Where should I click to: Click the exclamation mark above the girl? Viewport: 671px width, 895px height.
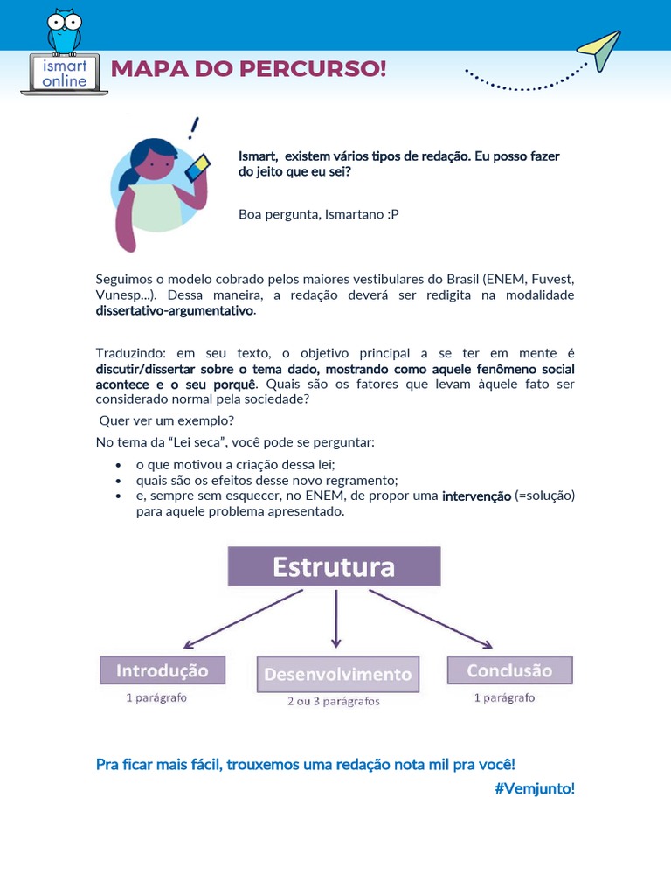click(x=192, y=129)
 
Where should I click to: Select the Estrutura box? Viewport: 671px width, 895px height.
click(x=334, y=566)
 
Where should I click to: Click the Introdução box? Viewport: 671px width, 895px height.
click(x=163, y=670)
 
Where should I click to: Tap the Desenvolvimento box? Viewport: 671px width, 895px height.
click(x=337, y=674)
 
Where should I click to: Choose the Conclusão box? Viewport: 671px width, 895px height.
click(x=509, y=670)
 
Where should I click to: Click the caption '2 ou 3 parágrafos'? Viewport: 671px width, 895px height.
click(x=334, y=701)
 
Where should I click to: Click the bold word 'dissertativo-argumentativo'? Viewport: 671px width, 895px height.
click(x=175, y=310)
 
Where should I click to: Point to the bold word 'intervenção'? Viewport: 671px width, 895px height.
click(x=476, y=496)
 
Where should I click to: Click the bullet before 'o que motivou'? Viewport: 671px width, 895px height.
click(x=118, y=466)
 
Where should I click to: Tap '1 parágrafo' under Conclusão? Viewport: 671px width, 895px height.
click(x=505, y=697)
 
